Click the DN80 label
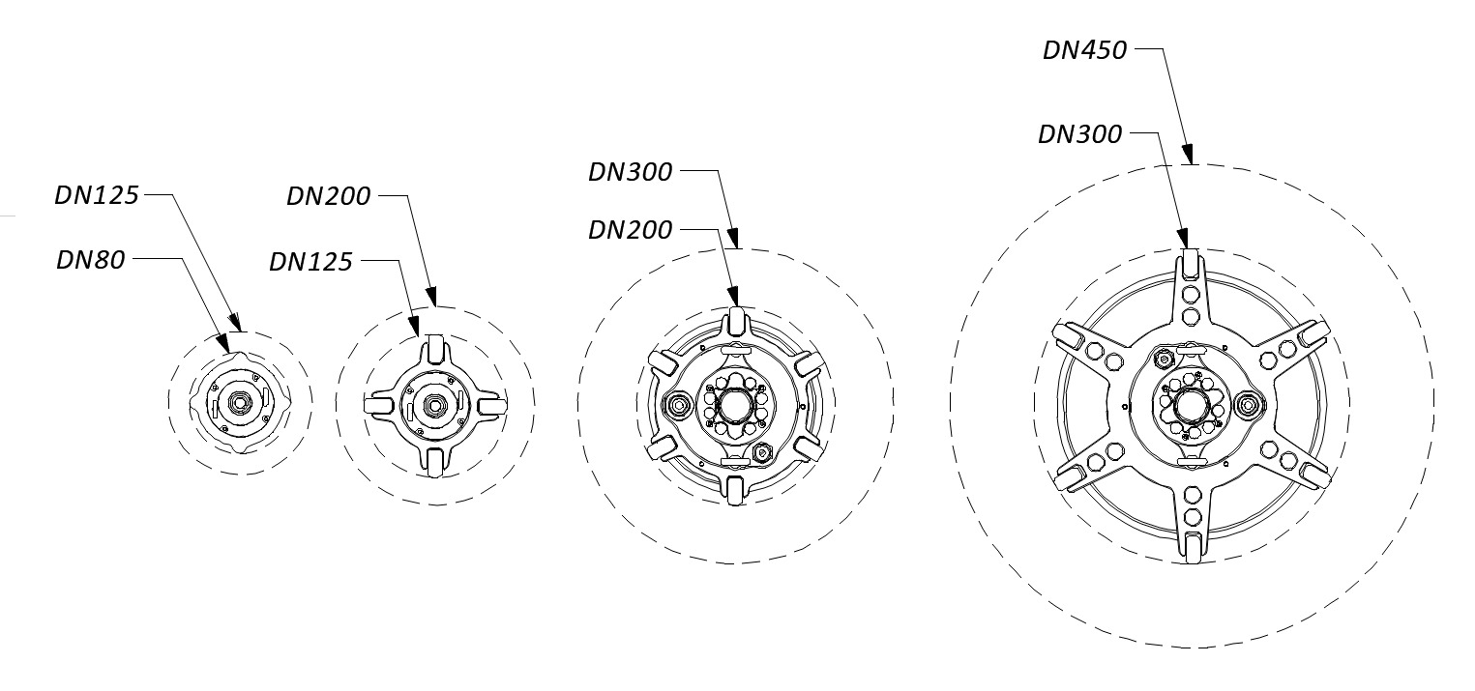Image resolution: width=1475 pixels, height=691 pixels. point(91,260)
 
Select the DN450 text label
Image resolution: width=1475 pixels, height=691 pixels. point(1085,50)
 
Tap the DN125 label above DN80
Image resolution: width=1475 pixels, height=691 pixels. point(97,195)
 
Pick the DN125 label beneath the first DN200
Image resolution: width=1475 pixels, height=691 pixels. point(310,262)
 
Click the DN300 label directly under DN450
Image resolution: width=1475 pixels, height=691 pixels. point(1080,134)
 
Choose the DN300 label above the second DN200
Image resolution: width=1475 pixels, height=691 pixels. point(631,172)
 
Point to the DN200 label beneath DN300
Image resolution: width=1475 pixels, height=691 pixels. point(631,230)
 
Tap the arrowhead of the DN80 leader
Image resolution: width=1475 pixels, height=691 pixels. point(224,343)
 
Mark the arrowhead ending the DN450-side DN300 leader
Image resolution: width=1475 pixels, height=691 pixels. point(1183,238)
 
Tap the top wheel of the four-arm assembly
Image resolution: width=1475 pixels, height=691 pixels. point(434,348)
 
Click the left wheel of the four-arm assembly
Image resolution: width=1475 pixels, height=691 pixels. point(378,403)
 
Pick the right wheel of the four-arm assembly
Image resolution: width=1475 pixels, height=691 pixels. point(491,403)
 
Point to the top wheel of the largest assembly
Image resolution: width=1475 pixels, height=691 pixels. point(1191,263)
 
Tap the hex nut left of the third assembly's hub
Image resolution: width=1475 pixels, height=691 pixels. point(677,404)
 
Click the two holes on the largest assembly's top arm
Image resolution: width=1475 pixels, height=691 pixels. point(1191,304)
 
